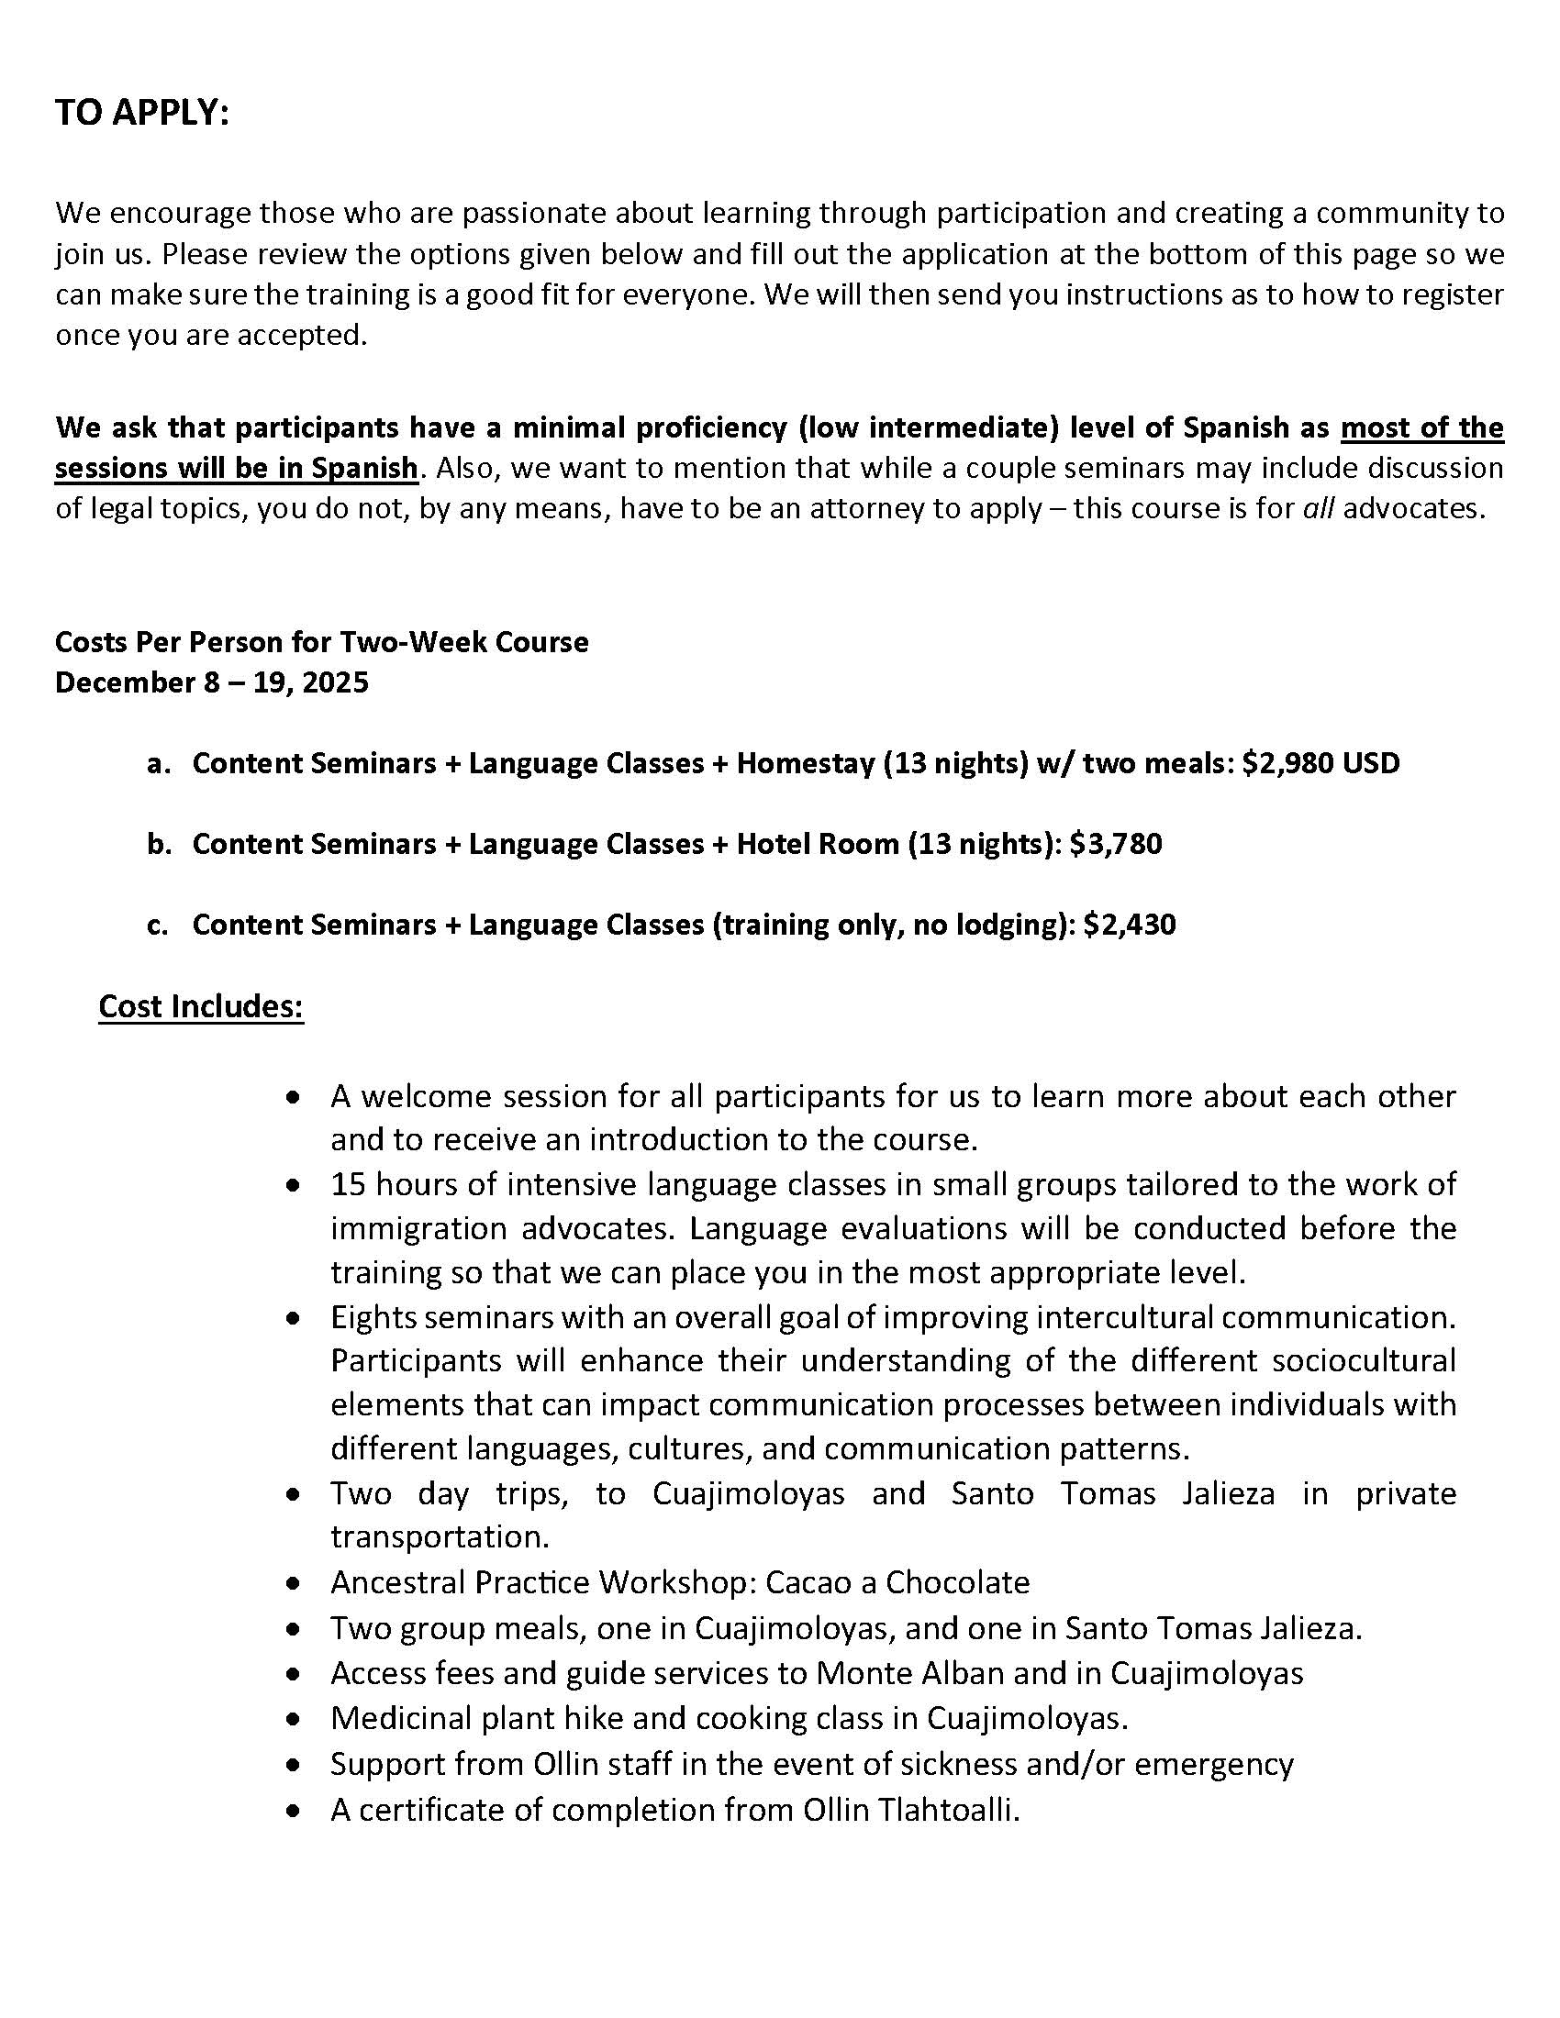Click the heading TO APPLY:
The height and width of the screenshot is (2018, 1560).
coord(141,113)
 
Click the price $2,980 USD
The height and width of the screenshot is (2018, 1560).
coord(1320,763)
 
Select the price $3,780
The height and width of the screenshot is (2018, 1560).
coord(1116,844)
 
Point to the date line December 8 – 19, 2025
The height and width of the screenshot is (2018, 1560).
coord(212,682)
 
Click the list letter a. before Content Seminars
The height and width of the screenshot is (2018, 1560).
coord(158,764)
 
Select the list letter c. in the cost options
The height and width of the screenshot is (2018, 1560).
coord(157,925)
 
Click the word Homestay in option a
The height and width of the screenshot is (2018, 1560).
coord(804,763)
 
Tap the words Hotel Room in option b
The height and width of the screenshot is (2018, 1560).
coord(817,844)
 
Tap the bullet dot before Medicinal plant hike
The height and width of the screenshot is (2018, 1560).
coord(294,1720)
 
